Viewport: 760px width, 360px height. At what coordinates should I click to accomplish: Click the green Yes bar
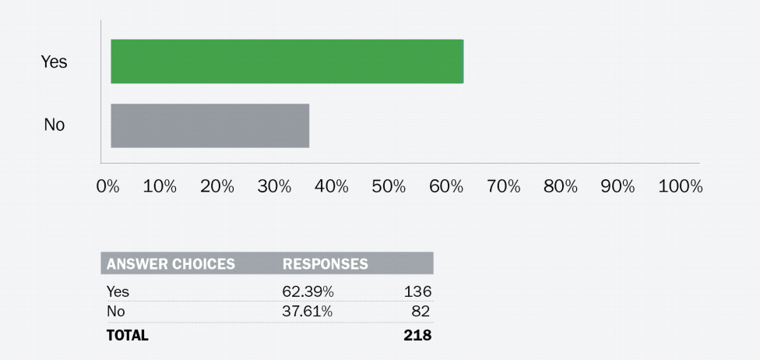click(x=287, y=61)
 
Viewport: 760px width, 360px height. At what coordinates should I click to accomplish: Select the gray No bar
click(x=209, y=125)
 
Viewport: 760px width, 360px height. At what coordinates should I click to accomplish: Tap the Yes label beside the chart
click(x=55, y=62)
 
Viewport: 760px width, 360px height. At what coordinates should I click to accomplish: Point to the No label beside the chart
click(x=55, y=125)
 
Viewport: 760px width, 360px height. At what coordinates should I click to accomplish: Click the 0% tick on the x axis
click(x=107, y=187)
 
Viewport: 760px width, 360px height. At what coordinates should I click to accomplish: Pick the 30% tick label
click(x=274, y=187)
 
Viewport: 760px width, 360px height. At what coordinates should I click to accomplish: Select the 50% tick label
click(x=389, y=187)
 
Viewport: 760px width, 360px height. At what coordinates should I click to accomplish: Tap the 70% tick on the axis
click(x=503, y=187)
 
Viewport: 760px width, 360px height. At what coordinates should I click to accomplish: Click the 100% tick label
click(x=680, y=187)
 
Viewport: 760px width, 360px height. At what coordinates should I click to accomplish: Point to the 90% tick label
click(x=618, y=187)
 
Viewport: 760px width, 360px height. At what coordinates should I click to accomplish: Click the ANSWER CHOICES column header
click(x=171, y=264)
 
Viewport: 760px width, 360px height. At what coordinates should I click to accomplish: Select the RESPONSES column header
click(x=325, y=264)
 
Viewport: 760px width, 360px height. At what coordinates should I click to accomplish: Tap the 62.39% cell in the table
click(x=308, y=291)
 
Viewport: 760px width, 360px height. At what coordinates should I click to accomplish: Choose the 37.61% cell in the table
click(x=308, y=312)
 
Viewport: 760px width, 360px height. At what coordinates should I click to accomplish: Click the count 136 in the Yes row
click(x=417, y=291)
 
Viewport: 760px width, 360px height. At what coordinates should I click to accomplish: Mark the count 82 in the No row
click(x=421, y=312)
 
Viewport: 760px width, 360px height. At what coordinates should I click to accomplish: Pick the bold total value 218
click(x=417, y=336)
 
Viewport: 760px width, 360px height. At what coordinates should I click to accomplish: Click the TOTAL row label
click(x=127, y=336)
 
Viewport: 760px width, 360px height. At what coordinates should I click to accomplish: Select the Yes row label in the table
click(x=118, y=291)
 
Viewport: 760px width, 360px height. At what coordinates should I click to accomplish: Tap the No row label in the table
click(x=115, y=312)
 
